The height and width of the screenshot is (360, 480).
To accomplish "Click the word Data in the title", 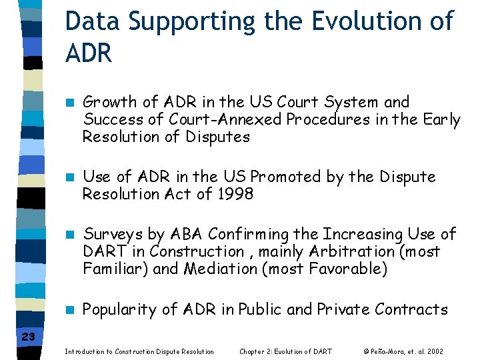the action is click(x=93, y=22).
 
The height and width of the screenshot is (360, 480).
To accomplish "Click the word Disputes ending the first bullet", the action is click(x=218, y=137).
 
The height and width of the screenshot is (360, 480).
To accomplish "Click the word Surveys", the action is click(x=112, y=235).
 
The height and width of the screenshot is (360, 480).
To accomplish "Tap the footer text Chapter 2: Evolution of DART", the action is click(x=285, y=351).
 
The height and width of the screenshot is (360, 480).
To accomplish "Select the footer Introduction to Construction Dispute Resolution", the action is click(x=139, y=351).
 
